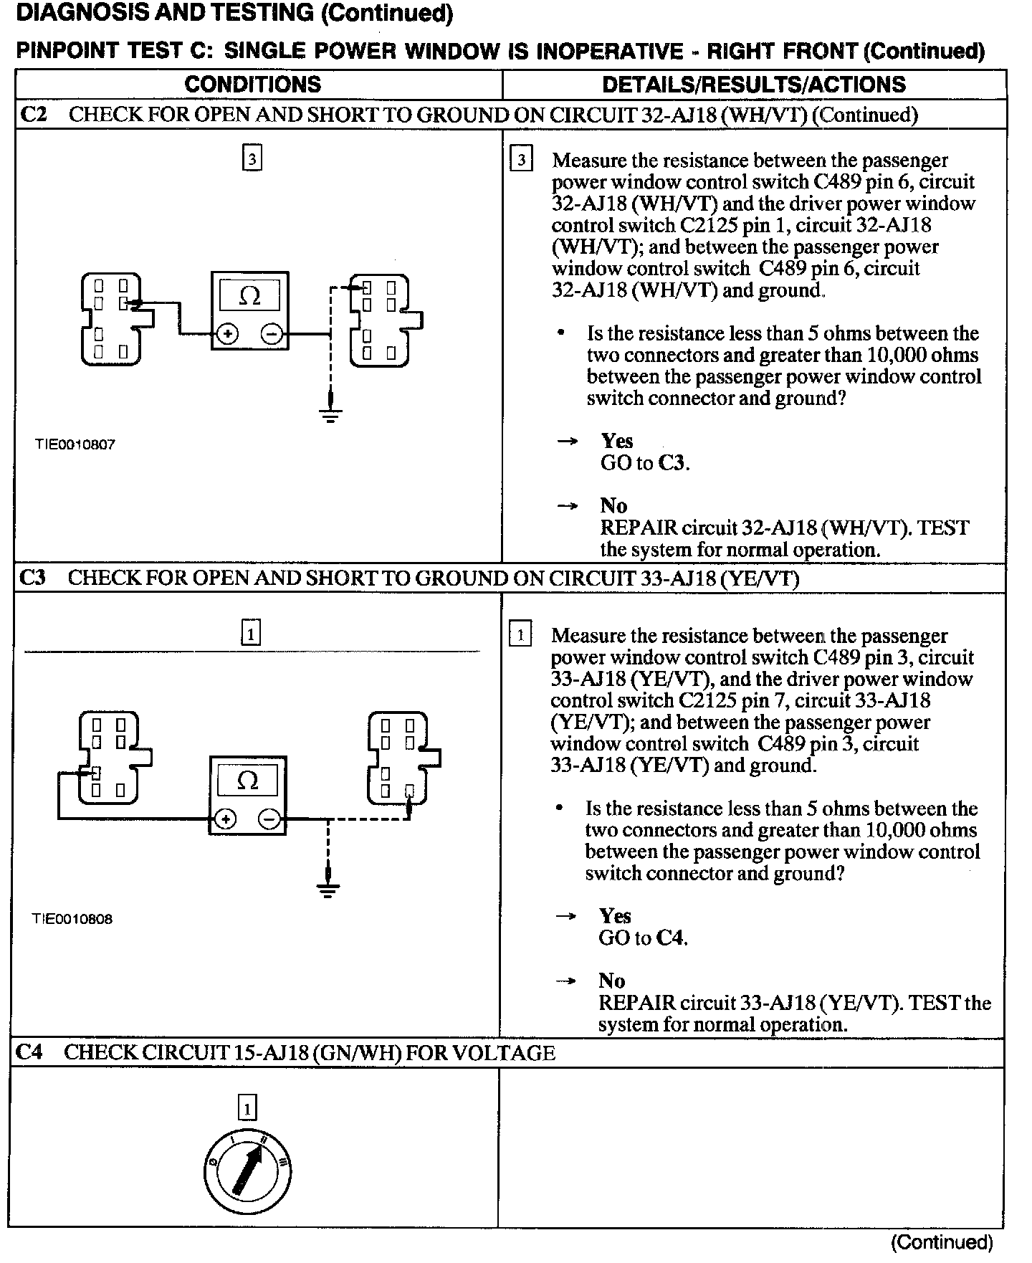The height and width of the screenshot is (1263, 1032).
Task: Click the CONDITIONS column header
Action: coord(252,85)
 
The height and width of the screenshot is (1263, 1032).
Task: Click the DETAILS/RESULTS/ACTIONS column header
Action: coord(754,85)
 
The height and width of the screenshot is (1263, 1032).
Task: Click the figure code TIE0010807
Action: coord(75,444)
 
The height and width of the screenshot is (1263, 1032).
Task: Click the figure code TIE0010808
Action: coord(72,919)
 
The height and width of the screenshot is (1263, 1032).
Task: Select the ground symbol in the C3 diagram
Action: coord(328,889)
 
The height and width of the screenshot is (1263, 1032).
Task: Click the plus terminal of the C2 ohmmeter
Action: coord(228,334)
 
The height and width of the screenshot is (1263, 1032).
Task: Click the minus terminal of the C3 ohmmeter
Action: coord(269,819)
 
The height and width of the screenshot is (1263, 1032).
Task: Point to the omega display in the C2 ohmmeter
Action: coord(249,295)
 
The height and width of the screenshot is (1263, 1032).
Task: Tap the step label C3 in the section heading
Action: coord(33,578)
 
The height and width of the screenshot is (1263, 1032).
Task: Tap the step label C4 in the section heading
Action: coord(30,1052)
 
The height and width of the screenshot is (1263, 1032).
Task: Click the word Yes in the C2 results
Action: coord(616,441)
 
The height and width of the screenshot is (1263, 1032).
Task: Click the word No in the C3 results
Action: coord(611,981)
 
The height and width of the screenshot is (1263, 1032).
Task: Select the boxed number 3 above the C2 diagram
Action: coord(252,158)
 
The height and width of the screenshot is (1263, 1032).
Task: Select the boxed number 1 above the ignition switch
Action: coord(247,1110)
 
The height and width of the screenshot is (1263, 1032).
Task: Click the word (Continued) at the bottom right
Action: coord(942,1241)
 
